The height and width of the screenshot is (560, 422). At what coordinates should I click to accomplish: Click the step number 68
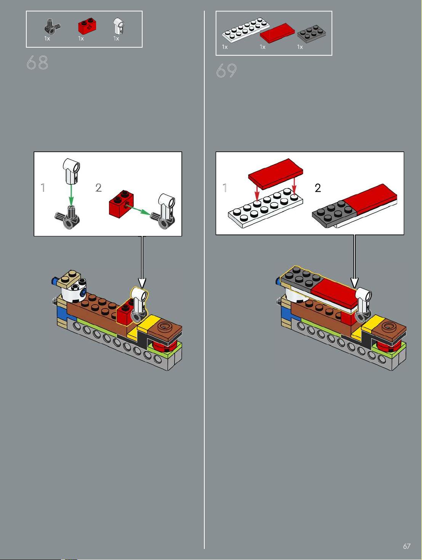click(x=37, y=62)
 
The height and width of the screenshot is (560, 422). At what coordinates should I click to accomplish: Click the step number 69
click(x=226, y=71)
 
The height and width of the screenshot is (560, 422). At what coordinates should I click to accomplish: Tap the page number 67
click(x=407, y=546)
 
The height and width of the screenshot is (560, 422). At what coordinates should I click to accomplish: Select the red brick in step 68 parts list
click(x=87, y=26)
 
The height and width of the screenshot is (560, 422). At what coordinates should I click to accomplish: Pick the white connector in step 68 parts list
click(x=119, y=26)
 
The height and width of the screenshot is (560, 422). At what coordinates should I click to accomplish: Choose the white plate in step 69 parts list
click(x=246, y=30)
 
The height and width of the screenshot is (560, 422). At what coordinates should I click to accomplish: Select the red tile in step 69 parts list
click(x=277, y=33)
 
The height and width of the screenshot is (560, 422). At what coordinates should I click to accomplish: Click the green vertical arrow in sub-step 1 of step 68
click(x=71, y=194)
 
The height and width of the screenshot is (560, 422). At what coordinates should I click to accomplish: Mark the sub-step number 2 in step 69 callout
click(x=318, y=188)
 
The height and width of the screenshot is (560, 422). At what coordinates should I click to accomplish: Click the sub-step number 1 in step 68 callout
click(x=43, y=188)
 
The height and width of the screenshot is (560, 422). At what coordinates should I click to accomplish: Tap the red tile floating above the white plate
click(x=276, y=174)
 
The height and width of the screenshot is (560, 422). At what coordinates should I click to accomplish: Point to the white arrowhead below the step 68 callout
click(x=142, y=283)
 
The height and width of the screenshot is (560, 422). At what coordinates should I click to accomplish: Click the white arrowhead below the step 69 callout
click(x=355, y=283)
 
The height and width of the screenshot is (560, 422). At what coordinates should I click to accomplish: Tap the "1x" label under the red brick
click(x=81, y=39)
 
